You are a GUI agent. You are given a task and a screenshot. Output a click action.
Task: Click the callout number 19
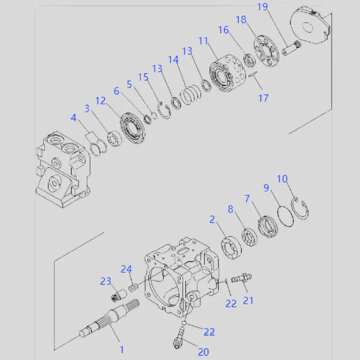point(262,7)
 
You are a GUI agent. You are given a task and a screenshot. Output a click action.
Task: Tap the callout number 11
point(203,41)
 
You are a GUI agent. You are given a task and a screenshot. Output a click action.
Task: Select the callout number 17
point(263,98)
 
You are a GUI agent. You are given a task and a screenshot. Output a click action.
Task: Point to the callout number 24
point(126,269)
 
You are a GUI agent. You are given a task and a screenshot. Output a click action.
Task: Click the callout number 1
point(122,350)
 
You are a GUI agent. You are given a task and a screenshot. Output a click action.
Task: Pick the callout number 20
point(203,352)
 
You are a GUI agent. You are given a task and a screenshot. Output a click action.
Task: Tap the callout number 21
point(248,301)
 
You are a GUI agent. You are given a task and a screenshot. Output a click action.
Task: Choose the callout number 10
point(282,179)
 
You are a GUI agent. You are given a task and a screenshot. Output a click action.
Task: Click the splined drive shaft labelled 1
point(109,319)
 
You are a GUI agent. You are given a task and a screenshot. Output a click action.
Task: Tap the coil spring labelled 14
point(190,95)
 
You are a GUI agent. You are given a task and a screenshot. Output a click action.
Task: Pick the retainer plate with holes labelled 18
point(266,51)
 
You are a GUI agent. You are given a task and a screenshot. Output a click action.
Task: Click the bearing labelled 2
point(231,248)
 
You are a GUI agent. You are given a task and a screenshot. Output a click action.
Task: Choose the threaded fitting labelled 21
point(242,278)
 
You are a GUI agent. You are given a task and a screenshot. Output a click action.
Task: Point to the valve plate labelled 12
point(132,128)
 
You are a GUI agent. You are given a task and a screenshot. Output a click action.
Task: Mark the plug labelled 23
point(119,296)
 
